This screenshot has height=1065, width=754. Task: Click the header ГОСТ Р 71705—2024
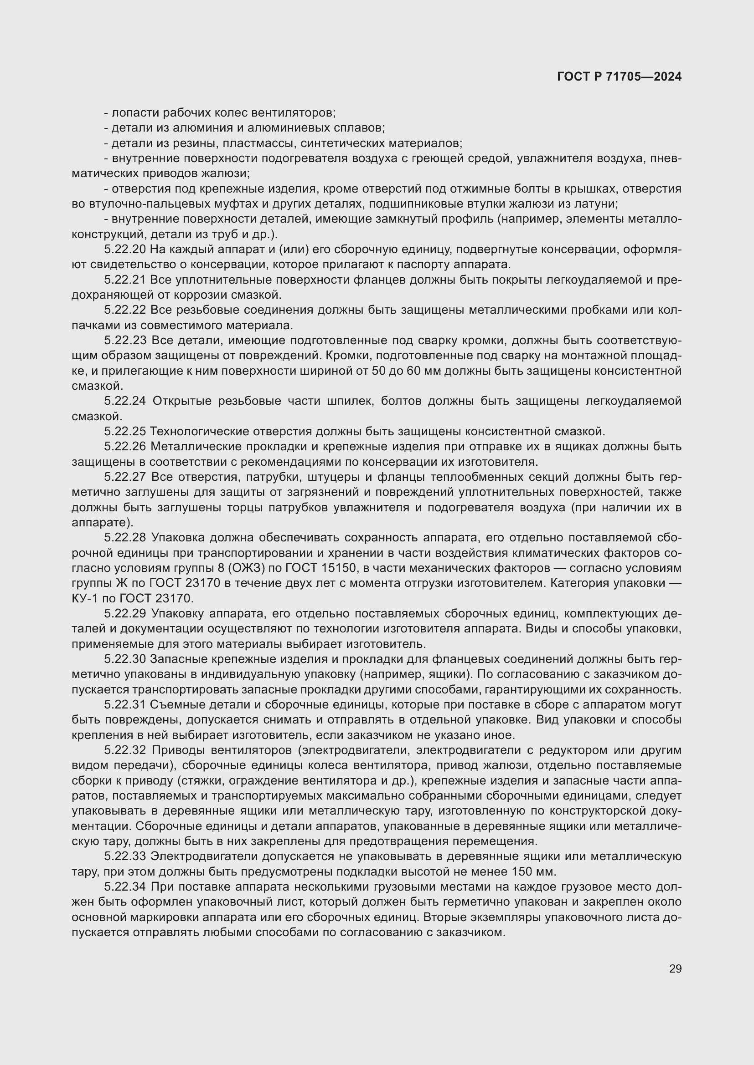[x=619, y=77]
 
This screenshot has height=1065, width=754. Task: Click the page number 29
[x=675, y=969]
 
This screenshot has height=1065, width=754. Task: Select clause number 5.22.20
[x=125, y=250]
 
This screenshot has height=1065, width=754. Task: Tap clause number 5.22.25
[x=125, y=431]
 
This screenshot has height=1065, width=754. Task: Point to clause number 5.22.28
[x=125, y=538]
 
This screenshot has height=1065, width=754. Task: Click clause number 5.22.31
[x=125, y=704]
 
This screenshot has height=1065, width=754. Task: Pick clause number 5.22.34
[x=125, y=887]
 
